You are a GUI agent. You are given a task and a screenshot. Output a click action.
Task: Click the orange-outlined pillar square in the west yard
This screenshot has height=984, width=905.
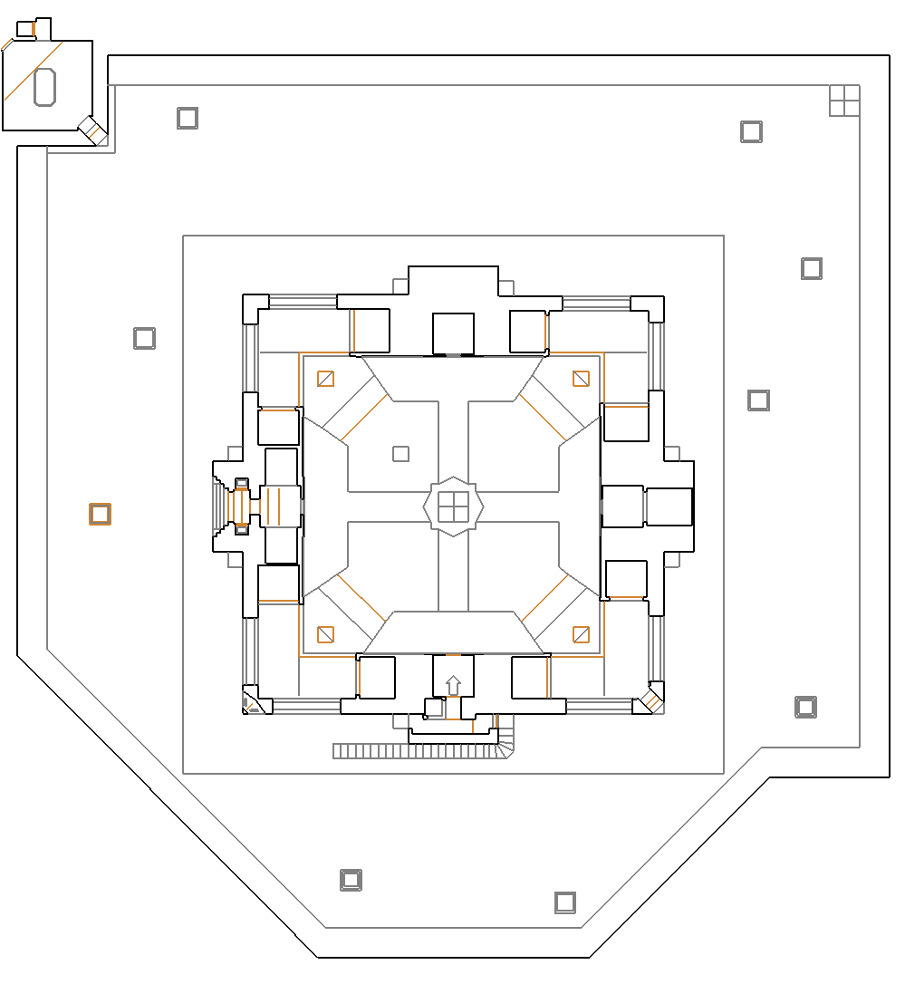click(x=100, y=515)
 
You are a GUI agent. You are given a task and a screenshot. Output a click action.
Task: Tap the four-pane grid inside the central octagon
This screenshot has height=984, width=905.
click(x=453, y=506)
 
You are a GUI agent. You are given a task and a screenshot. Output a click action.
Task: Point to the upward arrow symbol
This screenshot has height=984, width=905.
click(x=453, y=685)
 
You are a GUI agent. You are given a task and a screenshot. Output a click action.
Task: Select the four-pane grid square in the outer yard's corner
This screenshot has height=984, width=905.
click(x=844, y=101)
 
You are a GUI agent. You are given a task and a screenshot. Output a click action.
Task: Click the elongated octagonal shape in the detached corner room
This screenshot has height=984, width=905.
click(x=45, y=86)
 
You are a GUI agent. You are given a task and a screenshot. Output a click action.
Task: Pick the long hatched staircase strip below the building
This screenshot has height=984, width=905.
click(x=417, y=751)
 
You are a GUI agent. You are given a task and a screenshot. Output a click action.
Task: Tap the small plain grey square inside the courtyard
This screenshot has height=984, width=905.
click(x=400, y=454)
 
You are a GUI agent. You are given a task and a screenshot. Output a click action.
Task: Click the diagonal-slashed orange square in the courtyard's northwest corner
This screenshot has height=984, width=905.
click(x=325, y=379)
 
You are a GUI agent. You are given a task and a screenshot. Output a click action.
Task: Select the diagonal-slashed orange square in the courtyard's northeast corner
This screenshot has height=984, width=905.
click(x=581, y=379)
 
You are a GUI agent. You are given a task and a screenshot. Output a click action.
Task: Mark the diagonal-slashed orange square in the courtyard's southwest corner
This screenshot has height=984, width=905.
click(x=325, y=634)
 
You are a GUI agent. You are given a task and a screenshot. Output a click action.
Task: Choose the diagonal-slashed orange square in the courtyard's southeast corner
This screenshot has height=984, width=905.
click(x=581, y=634)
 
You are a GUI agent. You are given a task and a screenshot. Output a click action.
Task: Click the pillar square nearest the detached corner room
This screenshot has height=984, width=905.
click(x=188, y=118)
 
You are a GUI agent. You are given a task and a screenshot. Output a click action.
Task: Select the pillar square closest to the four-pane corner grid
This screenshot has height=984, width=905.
click(x=751, y=131)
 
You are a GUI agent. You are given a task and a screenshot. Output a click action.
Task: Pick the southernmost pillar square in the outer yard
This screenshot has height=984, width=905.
click(x=565, y=902)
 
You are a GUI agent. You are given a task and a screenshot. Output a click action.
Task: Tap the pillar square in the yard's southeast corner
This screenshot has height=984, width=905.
click(x=805, y=707)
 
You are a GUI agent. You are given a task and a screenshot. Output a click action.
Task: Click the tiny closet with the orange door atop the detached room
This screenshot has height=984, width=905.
click(x=26, y=29)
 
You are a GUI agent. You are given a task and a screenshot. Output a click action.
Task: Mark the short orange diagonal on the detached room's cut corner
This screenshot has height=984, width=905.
click(x=7, y=43)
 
